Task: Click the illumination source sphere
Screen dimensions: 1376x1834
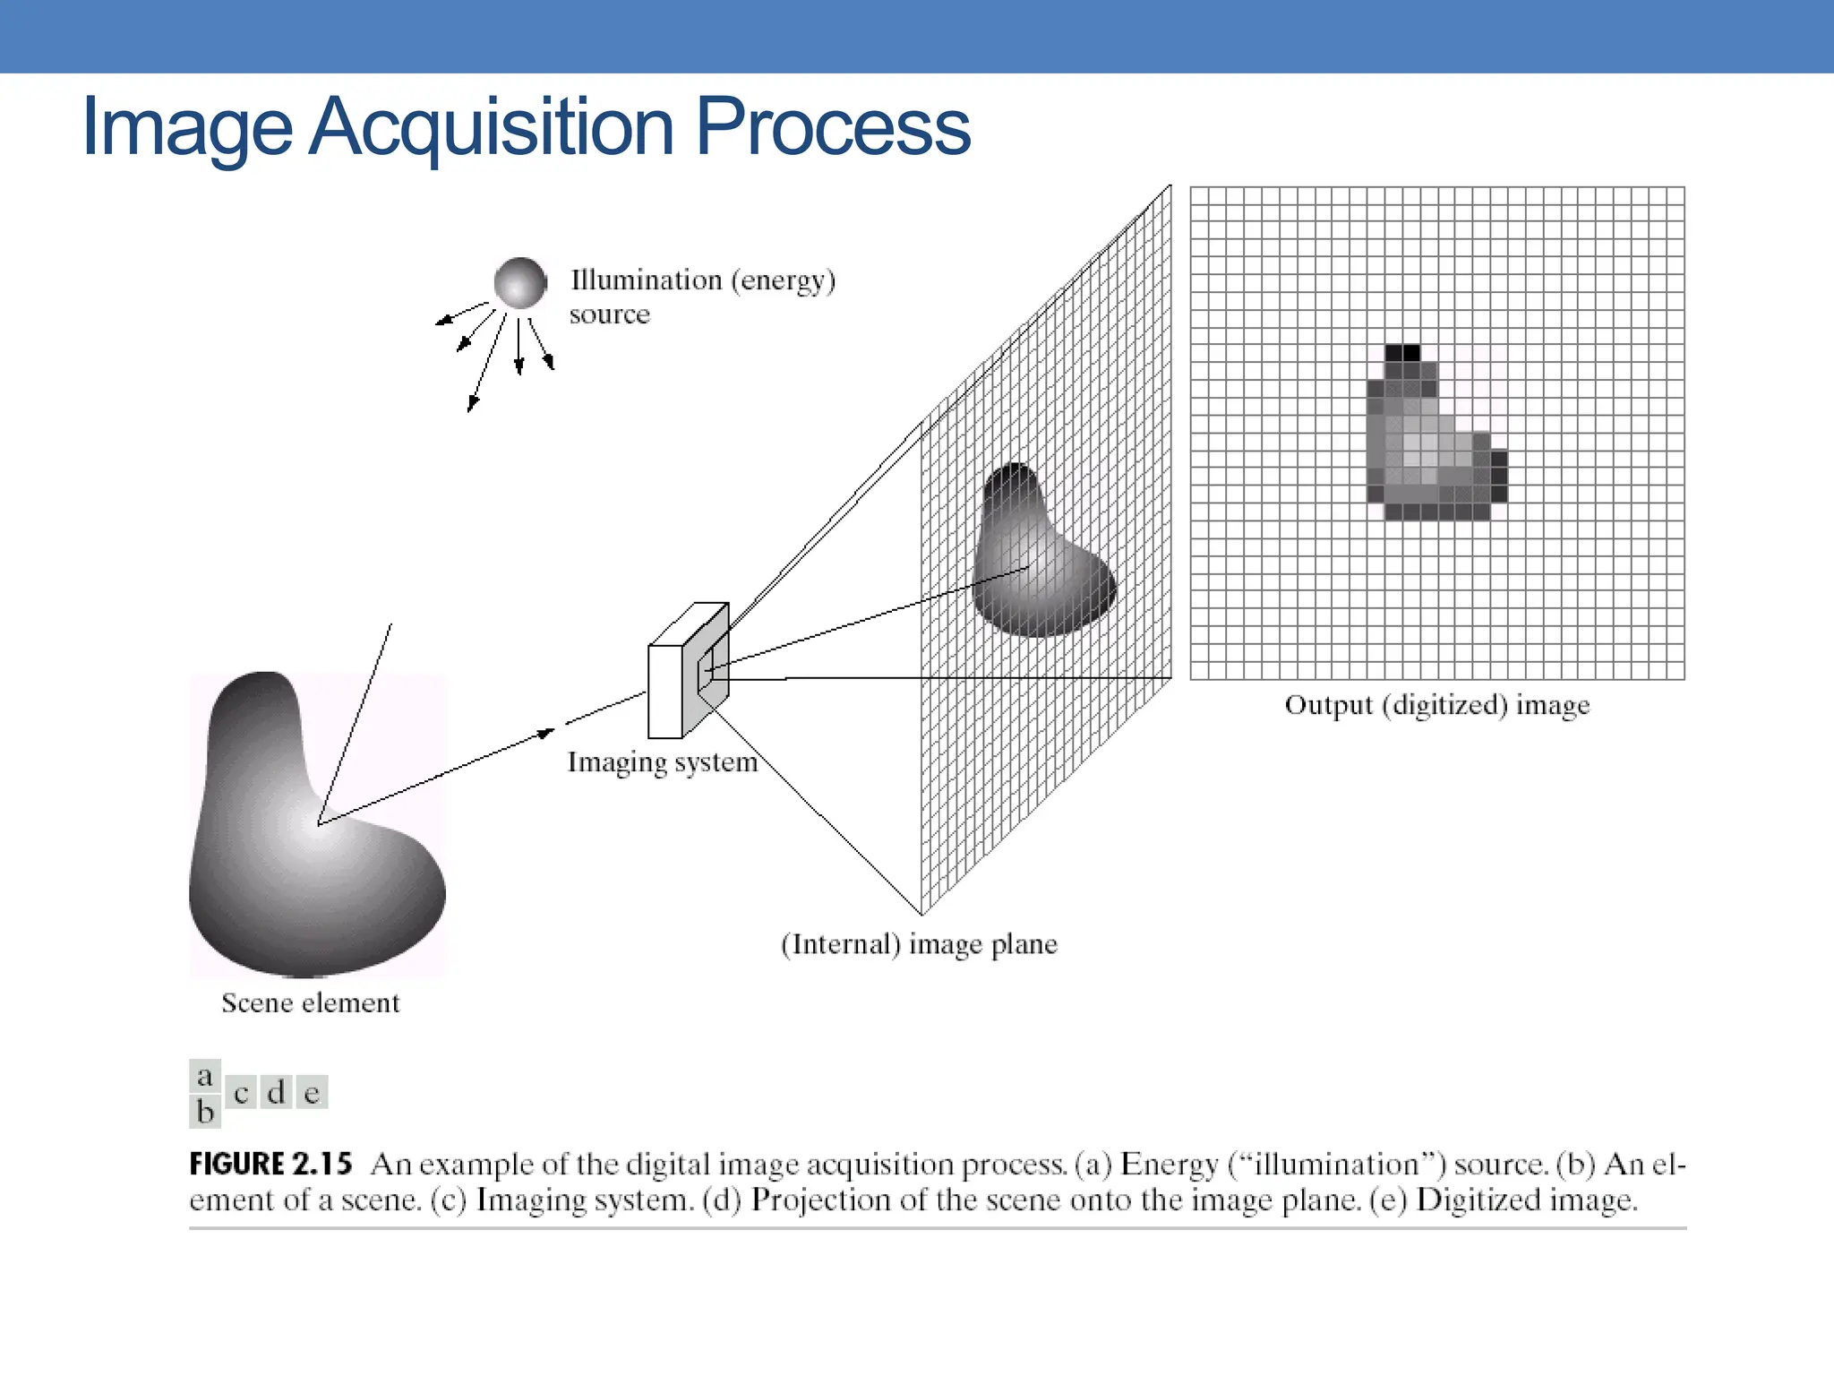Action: pyautogui.click(x=519, y=282)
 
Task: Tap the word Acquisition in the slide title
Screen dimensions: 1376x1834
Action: pyautogui.click(x=492, y=127)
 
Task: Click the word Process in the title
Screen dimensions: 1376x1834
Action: pyautogui.click(x=833, y=127)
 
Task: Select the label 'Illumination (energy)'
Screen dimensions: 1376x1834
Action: pyautogui.click(x=703, y=280)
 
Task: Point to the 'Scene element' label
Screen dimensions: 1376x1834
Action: pyautogui.click(x=310, y=1002)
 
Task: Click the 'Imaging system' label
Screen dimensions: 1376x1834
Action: pyautogui.click(x=663, y=762)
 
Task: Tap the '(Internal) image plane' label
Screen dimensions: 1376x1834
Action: pyautogui.click(x=919, y=944)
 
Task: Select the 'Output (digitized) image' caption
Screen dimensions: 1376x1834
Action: pyautogui.click(x=1437, y=705)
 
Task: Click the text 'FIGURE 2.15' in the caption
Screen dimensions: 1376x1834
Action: pyautogui.click(x=270, y=1164)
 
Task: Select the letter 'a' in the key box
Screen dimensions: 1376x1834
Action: pyautogui.click(x=205, y=1075)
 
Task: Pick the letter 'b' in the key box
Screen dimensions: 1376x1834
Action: pyautogui.click(x=205, y=1112)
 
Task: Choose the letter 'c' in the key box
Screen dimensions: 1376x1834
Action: pyautogui.click(x=240, y=1093)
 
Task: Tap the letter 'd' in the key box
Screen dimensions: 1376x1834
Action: pyautogui.click(x=276, y=1093)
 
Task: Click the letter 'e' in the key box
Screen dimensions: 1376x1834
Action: pyautogui.click(x=312, y=1093)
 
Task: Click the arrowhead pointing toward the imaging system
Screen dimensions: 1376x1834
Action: pyautogui.click(x=545, y=734)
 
